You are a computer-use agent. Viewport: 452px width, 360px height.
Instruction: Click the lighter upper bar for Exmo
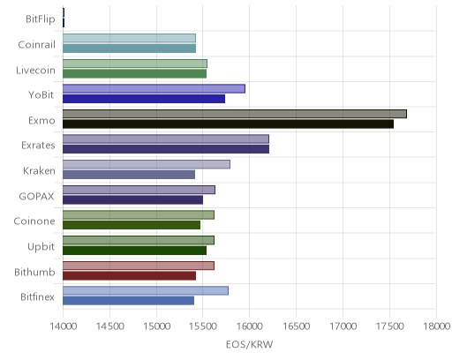click(x=235, y=114)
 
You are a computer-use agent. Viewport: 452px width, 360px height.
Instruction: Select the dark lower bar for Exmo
click(x=228, y=124)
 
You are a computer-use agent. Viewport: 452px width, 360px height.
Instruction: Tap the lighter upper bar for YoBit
click(x=154, y=88)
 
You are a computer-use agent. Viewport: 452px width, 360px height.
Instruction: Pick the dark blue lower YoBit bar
click(x=144, y=99)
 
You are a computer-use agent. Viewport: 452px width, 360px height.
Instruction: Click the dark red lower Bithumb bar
click(x=129, y=276)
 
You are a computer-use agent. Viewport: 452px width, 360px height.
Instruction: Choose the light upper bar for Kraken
click(x=147, y=164)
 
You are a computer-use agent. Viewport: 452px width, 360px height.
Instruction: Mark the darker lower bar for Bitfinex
click(x=128, y=301)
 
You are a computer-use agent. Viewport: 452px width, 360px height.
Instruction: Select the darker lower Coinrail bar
click(x=129, y=49)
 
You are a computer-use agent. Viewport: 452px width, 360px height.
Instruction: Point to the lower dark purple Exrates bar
click(x=166, y=149)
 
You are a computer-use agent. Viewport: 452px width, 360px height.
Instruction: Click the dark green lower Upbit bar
click(x=134, y=251)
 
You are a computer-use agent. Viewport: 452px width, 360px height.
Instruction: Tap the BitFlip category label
click(x=41, y=19)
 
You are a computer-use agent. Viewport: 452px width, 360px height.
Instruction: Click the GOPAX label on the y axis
click(x=36, y=196)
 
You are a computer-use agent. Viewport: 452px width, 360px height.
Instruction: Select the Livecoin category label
click(x=35, y=70)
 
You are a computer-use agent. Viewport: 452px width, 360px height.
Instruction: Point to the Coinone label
click(x=34, y=221)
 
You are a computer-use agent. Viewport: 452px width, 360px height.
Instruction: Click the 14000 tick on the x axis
click(x=64, y=326)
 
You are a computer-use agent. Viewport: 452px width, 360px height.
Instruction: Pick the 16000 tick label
click(x=250, y=326)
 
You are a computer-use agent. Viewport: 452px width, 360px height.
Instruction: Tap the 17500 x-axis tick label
click(x=389, y=326)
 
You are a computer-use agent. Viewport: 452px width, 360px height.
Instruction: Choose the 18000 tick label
click(x=436, y=326)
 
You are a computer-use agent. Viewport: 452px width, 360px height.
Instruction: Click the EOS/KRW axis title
click(x=250, y=344)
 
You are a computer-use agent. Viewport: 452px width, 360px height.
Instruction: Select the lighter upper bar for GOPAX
click(x=139, y=190)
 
